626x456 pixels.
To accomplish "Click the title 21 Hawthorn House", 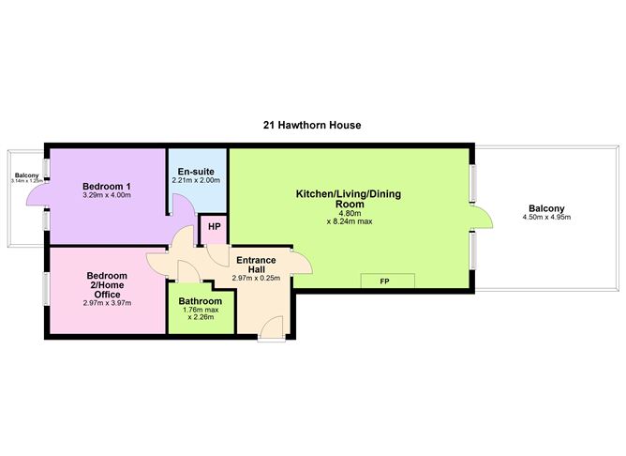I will [x=312, y=124].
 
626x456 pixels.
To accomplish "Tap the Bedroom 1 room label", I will [x=106, y=186].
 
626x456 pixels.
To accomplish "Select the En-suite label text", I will [x=197, y=172].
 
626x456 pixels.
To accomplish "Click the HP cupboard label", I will [x=214, y=227].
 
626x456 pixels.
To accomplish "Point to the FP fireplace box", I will [x=384, y=281].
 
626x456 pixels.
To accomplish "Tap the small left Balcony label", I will [x=25, y=175].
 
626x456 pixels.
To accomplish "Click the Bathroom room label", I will [x=201, y=301].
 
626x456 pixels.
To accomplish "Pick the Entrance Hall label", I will [x=255, y=266].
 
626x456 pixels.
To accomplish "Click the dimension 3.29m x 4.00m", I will [x=106, y=196].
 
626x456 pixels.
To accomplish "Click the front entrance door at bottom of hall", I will [x=270, y=328].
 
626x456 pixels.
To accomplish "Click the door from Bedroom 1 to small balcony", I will [x=37, y=195].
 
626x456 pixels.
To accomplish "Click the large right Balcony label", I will [x=546, y=207].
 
